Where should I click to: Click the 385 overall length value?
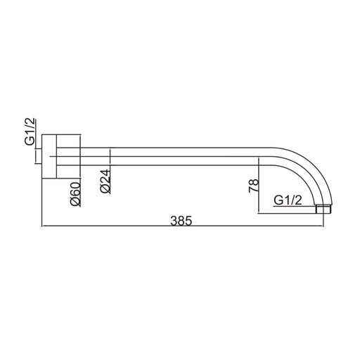(x=181, y=221)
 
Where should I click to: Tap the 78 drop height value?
(x=254, y=186)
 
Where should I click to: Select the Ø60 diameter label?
(x=75, y=194)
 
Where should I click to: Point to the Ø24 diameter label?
(x=105, y=181)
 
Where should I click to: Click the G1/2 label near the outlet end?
(x=288, y=200)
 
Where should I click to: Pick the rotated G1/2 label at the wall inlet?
(x=30, y=131)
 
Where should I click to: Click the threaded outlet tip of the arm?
(x=323, y=210)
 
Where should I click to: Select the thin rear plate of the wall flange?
(x=49, y=156)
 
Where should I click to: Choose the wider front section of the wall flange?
(x=68, y=156)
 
